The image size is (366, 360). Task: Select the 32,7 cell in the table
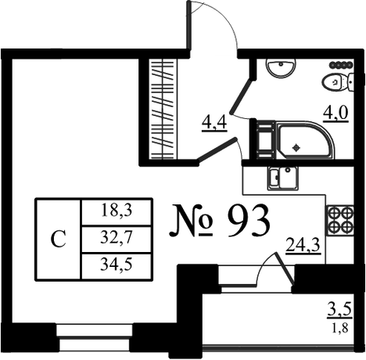coord(117,238)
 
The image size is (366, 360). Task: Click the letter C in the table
coord(58,239)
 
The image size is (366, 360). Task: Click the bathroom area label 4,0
coord(335,113)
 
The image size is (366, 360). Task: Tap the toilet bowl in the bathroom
coord(338,82)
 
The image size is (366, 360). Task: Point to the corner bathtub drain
coord(296,148)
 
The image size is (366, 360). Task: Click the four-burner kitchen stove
coord(340,219)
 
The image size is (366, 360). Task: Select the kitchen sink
coord(283,178)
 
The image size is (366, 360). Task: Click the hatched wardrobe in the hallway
coord(163,109)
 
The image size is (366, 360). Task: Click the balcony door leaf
coord(284,268)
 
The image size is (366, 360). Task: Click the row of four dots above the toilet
coord(341,64)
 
